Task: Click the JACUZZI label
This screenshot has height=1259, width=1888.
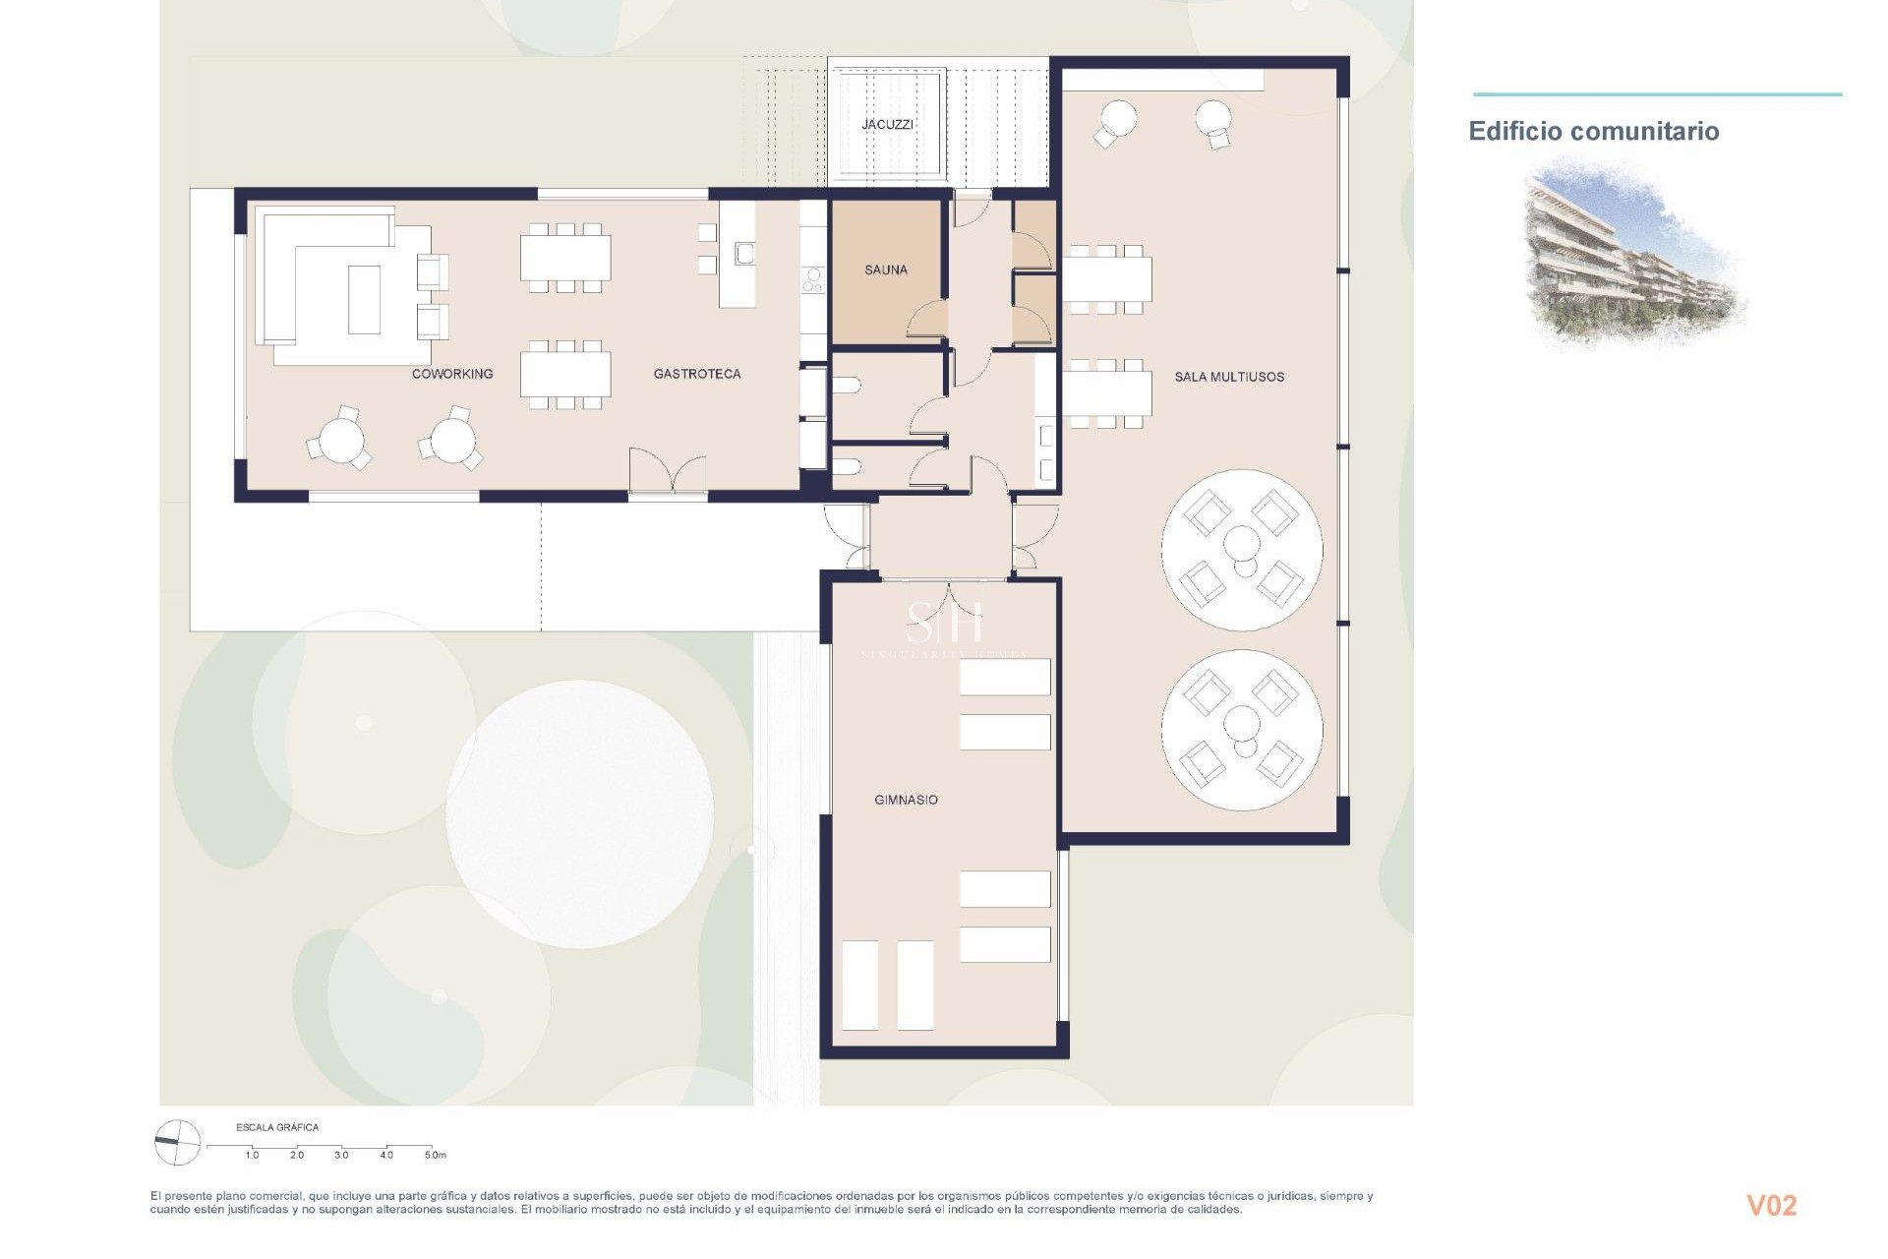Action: pos(887,125)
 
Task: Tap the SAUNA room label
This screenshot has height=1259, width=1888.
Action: pos(886,270)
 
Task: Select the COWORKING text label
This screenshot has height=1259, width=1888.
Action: pos(452,374)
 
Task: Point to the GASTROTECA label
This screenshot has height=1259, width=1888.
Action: pos(697,374)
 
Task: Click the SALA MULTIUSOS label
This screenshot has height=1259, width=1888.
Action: pos(1229,377)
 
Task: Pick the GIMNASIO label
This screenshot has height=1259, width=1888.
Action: pos(906,800)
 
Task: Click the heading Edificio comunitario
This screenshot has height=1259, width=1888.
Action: pos(1593,132)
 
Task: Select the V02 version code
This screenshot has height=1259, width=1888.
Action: pos(1771,1206)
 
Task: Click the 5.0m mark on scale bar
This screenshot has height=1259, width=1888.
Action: pos(435,1155)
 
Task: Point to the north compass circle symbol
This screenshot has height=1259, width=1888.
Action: pos(178,1143)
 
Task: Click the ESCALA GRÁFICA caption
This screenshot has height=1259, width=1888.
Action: pos(277,1127)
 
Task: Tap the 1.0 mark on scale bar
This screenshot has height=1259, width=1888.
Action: pos(252,1155)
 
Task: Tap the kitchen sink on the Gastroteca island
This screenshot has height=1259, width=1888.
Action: pos(744,254)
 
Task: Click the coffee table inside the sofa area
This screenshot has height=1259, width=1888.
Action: pos(364,299)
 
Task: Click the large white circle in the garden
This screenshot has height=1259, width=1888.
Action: pos(579,813)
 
